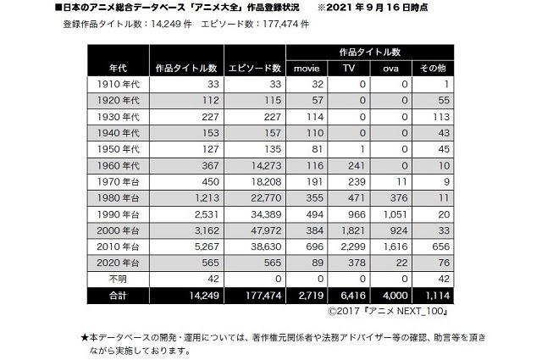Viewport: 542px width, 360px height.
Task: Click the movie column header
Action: (x=307, y=68)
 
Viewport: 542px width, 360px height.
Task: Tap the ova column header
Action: (x=390, y=68)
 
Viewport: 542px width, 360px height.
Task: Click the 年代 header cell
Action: (x=119, y=68)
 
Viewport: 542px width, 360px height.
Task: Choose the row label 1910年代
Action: (x=119, y=85)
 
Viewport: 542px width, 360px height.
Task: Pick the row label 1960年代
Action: (x=119, y=165)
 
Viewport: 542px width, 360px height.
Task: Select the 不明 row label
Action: (x=119, y=278)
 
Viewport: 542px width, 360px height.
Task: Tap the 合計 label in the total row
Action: (x=119, y=295)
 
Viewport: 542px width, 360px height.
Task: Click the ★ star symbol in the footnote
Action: (x=85, y=336)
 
